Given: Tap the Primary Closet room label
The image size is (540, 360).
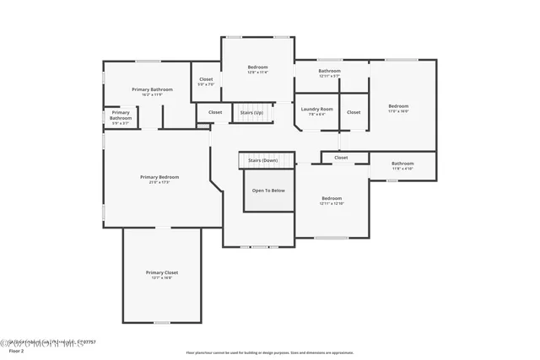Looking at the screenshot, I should coord(161,272).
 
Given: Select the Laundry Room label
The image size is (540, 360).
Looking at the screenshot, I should coord(316,109).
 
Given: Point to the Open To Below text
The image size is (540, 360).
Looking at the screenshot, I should coord(268,191).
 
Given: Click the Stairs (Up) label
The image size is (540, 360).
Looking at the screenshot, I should coord(251,112).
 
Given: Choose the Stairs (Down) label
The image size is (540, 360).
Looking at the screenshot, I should coord(262,160).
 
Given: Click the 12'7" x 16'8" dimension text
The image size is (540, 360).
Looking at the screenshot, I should coord(161,278).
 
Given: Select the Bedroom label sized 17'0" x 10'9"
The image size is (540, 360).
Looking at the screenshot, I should coord(398,105).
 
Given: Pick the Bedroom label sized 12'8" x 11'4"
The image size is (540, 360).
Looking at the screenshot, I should coord(257,67).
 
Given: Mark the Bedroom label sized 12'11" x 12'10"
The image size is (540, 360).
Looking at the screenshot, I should coord(332,198).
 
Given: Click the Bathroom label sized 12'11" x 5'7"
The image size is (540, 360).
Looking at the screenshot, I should coord(329,71).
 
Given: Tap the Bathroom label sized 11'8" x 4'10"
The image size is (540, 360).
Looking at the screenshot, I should coord(402,163).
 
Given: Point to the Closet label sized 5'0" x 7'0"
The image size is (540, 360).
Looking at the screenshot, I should coord(206,79).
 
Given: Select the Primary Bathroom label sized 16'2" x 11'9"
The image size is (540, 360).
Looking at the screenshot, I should coord(152,89).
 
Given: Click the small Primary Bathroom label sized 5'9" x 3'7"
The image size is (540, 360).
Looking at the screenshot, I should coord(121,115).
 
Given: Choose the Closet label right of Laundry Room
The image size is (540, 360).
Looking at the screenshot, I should coord(354,112).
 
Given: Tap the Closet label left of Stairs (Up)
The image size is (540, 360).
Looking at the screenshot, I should coord(215,112).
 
